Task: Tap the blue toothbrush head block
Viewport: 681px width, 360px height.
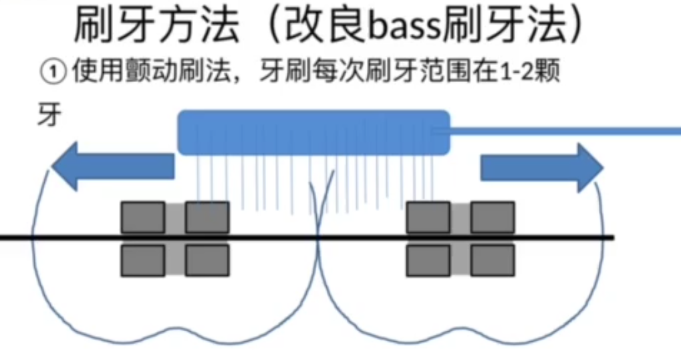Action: pyautogui.click(x=313, y=132)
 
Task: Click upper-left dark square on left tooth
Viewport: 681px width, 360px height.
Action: pyautogui.click(x=142, y=218)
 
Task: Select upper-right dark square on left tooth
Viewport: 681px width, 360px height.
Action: pyautogui.click(x=207, y=218)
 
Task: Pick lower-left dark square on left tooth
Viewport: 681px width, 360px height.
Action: pyautogui.click(x=142, y=260)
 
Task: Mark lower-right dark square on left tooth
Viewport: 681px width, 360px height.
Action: pyautogui.click(x=207, y=260)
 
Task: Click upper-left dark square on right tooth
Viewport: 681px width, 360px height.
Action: pyautogui.click(x=428, y=218)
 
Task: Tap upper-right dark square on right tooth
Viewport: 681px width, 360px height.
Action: pyautogui.click(x=493, y=218)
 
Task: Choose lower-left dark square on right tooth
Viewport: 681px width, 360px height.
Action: pyautogui.click(x=428, y=260)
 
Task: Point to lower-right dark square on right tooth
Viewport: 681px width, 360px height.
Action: pyautogui.click(x=493, y=260)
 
